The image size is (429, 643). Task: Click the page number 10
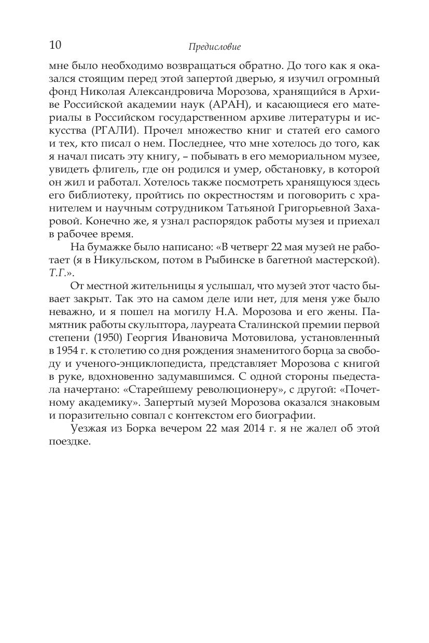pyautogui.click(x=55, y=45)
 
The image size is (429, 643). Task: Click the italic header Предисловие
pyautogui.click(x=214, y=47)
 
